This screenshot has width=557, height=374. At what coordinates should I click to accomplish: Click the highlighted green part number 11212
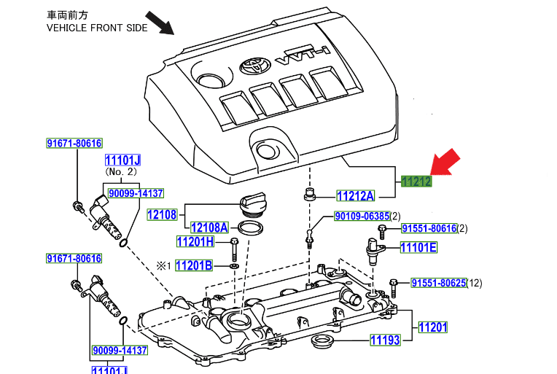[416, 182]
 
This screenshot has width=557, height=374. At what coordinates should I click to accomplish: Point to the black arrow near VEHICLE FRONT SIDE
[160, 23]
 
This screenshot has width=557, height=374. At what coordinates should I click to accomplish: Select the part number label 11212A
[355, 195]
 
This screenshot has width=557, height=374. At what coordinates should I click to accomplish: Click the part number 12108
[162, 214]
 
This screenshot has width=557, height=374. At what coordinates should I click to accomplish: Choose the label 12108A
[209, 227]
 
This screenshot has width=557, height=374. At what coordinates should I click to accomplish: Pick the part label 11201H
[195, 242]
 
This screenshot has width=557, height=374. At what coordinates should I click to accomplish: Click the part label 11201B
[193, 266]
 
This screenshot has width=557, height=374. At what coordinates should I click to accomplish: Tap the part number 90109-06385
[362, 217]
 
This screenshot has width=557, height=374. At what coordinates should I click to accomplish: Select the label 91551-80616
[429, 229]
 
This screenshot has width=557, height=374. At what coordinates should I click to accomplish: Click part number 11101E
[418, 248]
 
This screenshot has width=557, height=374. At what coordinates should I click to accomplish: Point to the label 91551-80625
[437, 283]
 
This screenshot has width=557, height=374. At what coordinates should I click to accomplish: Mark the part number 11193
[385, 340]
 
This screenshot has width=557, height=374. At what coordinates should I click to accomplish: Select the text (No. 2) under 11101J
[122, 171]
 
